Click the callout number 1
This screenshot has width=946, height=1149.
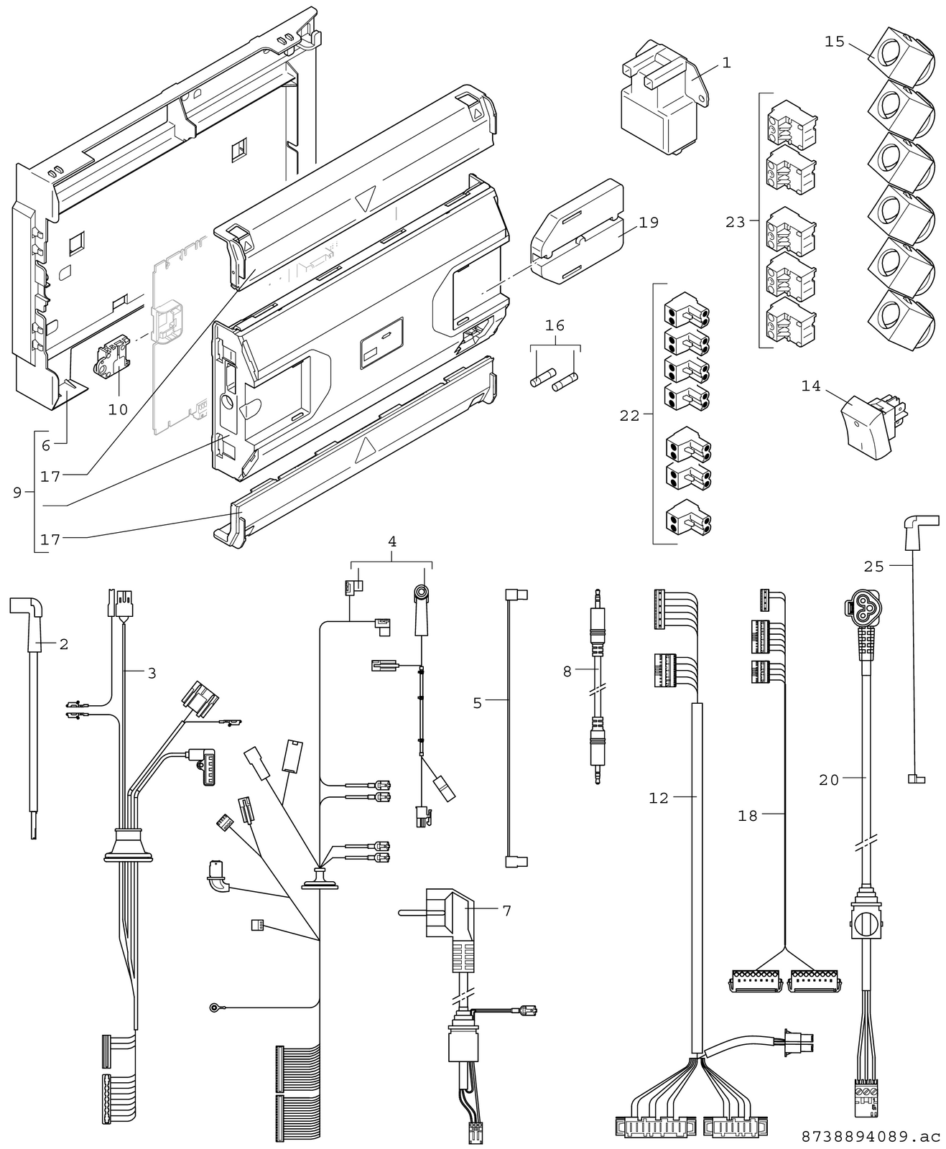pos(726,63)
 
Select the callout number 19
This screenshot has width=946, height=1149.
pos(649,222)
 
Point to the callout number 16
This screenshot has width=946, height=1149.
pos(555,326)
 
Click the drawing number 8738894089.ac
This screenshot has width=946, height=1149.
pos(871,1137)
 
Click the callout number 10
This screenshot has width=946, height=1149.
pos(118,409)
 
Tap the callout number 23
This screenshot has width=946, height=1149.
pos(736,223)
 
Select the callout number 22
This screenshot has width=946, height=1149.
pos(629,416)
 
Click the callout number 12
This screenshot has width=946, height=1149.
pos(659,797)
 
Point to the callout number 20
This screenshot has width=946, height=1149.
pos(829,779)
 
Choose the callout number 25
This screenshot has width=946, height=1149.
pos(874,567)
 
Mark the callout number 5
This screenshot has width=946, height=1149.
pos(478,702)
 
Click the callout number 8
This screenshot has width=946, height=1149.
pos(567,671)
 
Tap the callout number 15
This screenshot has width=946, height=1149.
pos(835,41)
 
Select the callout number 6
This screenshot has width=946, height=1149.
pos(46,445)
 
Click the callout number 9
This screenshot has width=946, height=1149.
pos(17,493)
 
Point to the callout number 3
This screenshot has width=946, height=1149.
pos(152,673)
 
